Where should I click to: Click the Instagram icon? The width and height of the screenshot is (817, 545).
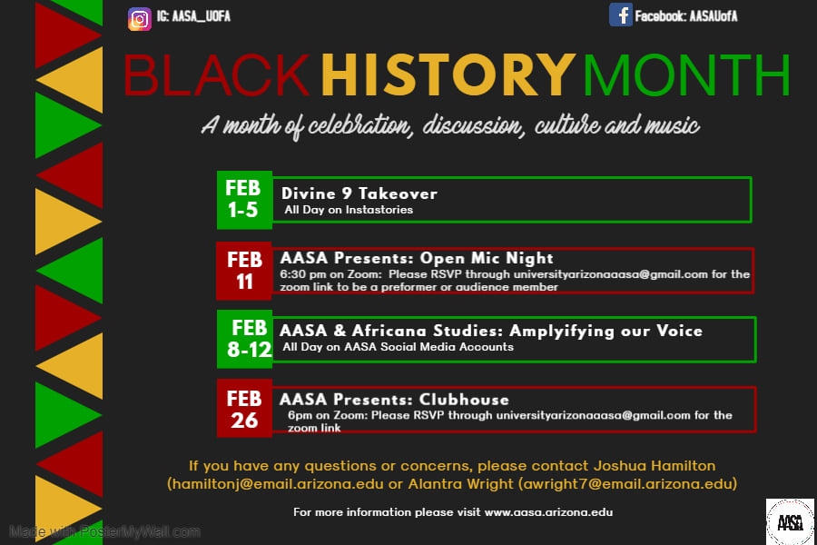140,18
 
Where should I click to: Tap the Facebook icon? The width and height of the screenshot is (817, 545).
620,15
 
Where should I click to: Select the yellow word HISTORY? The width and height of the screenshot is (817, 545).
448,76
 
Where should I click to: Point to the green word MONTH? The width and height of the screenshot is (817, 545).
687,76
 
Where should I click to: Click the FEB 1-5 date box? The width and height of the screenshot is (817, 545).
243,199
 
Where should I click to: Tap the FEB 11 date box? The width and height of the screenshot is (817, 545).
244,270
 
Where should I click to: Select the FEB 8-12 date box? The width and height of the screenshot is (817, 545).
245,338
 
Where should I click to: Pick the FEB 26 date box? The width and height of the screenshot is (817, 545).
244,409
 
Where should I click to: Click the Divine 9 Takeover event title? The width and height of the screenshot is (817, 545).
359,193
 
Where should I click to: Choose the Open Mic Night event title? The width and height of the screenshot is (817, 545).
417,258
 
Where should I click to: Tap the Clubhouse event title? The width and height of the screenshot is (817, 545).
394,399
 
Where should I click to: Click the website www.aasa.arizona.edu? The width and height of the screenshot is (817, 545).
548,512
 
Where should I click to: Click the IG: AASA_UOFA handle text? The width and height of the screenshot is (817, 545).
194,16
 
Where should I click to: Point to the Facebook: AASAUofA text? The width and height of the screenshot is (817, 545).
686,16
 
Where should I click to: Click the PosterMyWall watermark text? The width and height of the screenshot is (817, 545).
104,531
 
